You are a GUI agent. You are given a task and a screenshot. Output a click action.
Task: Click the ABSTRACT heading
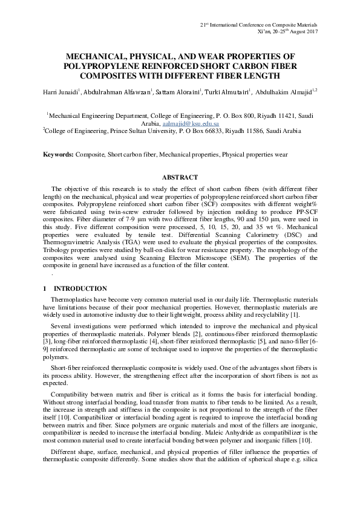(180, 177)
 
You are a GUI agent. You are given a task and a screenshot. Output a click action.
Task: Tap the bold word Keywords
(58, 154)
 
